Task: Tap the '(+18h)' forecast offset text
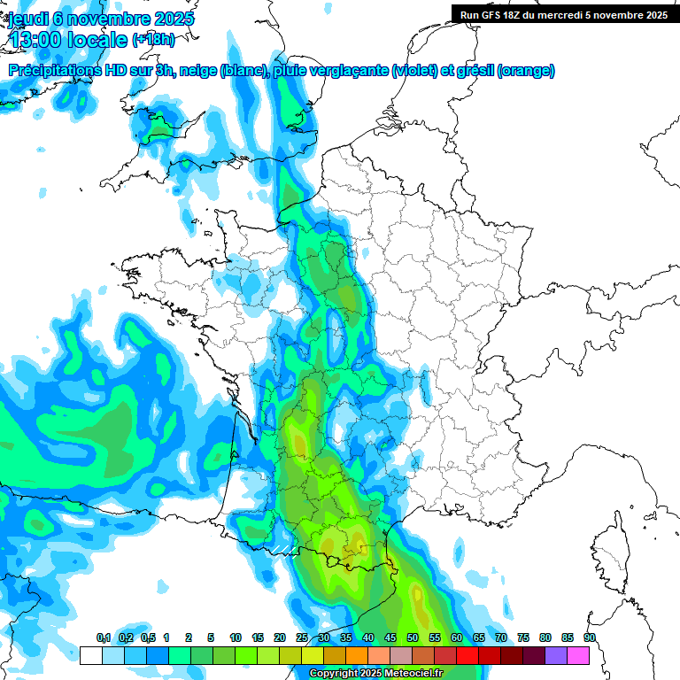point(153,40)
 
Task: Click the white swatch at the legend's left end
point(90,656)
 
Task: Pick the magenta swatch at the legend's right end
point(578,656)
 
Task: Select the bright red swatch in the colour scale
point(467,656)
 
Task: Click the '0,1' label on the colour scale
point(103,638)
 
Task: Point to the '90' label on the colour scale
point(590,638)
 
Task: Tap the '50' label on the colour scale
point(413,638)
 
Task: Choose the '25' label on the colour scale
point(302,638)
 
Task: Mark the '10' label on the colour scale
point(236,638)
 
